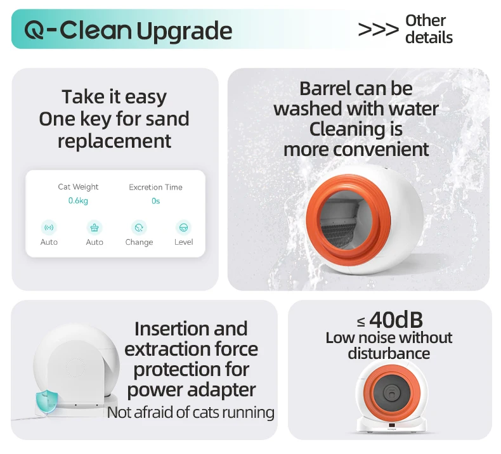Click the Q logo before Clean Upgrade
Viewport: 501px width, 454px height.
(34, 30)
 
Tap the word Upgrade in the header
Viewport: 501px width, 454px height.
(185, 32)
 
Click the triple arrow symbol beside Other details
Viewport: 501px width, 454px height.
(379, 29)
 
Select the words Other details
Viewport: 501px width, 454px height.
(429, 29)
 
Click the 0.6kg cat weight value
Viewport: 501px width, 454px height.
(78, 200)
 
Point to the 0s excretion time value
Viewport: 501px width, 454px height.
(155, 201)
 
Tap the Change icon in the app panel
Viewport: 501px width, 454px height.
(139, 228)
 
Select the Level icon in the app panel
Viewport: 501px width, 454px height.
(183, 228)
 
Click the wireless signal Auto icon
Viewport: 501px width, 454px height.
(49, 228)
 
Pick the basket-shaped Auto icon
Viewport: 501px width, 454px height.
(94, 228)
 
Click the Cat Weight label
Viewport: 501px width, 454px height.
(78, 187)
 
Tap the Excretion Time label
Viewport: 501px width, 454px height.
(155, 187)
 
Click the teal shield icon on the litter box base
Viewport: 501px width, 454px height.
(47, 401)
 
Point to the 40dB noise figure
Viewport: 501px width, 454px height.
(396, 320)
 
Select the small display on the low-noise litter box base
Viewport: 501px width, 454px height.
(391, 425)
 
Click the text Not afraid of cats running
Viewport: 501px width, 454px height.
(191, 412)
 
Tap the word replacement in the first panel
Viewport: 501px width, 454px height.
(114, 141)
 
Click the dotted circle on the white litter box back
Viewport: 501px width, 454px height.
(75, 368)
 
